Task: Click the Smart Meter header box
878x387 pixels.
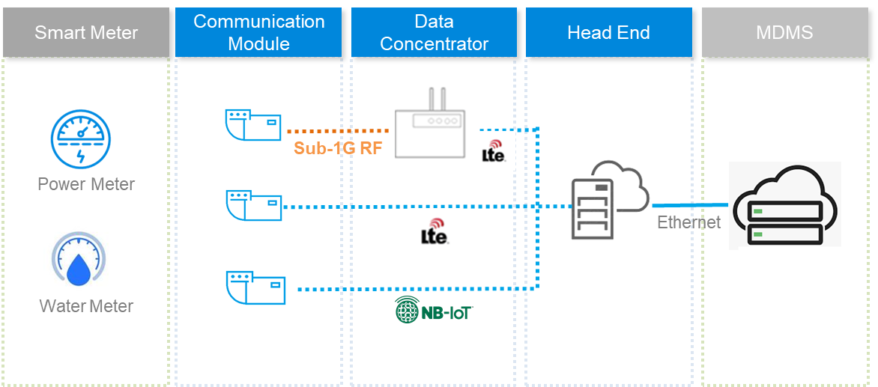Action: coord(86,33)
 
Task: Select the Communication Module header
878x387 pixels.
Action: coord(258,32)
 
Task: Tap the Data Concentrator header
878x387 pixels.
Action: coord(434,32)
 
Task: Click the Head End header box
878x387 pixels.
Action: coord(608,33)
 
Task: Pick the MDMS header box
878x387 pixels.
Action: coord(784,33)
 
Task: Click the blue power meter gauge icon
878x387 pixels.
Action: coord(81,138)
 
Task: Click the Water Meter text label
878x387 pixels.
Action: coord(86,306)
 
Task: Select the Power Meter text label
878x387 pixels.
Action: coord(86,184)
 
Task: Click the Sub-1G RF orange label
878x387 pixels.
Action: coord(338,147)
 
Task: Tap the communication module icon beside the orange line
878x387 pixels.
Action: coord(254,125)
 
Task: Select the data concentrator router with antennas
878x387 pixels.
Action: coord(430,123)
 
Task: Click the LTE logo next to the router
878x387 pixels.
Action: coord(493,150)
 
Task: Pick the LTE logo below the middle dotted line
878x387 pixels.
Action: coord(434,231)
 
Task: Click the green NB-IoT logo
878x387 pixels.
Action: coord(434,309)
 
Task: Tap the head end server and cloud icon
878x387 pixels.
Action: coord(610,200)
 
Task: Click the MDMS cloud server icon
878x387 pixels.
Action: coord(784,205)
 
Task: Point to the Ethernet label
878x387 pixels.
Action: coord(688,222)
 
